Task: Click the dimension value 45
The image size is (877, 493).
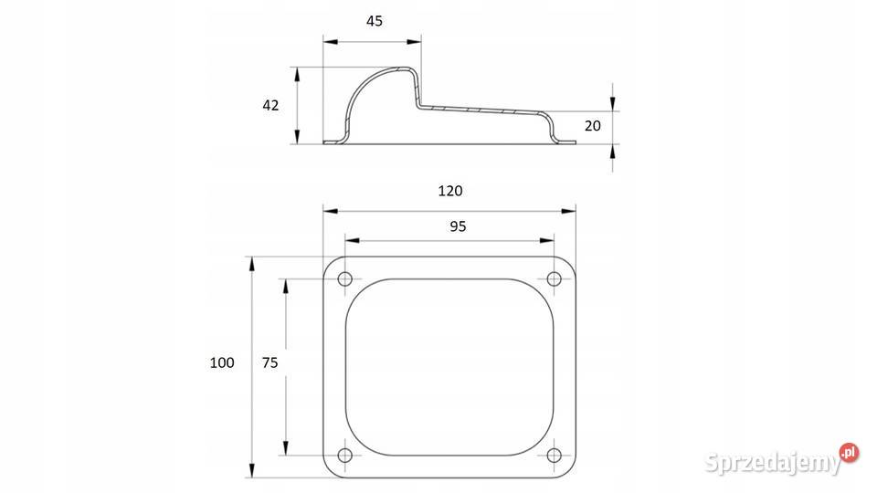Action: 375,21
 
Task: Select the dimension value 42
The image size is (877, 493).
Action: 270,105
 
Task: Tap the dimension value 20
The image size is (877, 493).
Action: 592,126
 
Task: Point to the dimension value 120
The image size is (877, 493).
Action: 450,191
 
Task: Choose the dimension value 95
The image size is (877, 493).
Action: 458,226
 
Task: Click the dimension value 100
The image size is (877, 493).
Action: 222,362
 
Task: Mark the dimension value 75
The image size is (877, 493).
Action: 270,362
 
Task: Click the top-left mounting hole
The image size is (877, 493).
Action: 345,278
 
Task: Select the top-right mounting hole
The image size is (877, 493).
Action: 554,278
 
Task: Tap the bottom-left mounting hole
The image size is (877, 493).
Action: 345,455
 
